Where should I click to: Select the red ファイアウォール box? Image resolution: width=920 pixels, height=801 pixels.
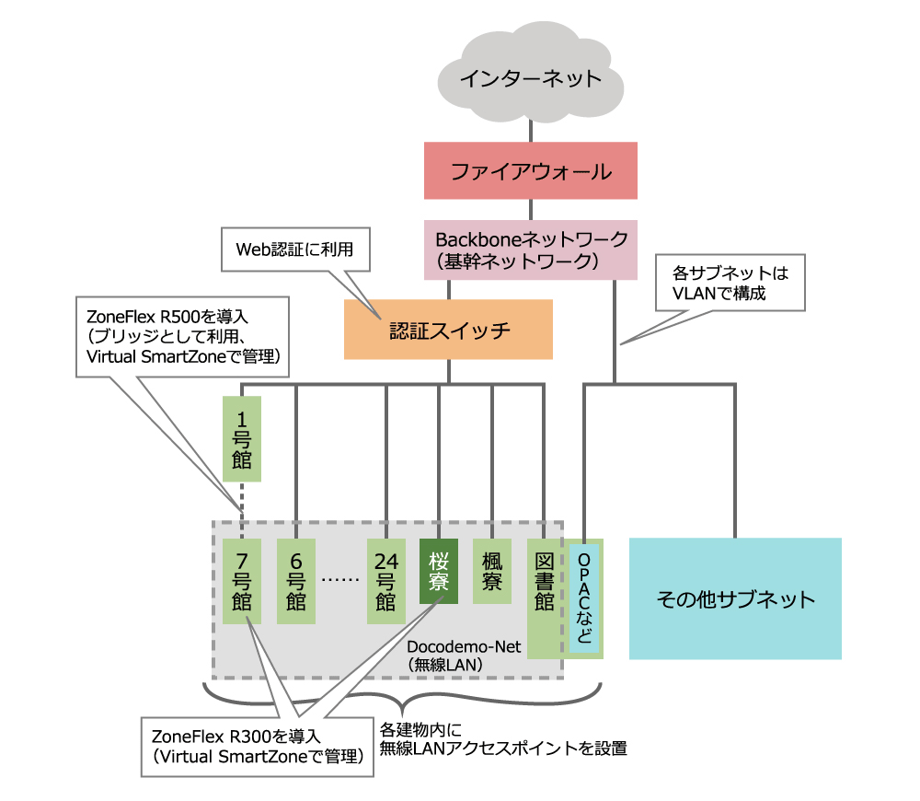pyautogui.click(x=531, y=170)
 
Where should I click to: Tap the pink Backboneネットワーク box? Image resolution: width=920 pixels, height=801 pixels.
pyautogui.click(x=531, y=250)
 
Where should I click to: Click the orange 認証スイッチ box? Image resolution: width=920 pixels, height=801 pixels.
pyautogui.click(x=448, y=330)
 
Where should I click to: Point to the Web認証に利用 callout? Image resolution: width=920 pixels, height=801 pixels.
pyautogui.click(x=295, y=250)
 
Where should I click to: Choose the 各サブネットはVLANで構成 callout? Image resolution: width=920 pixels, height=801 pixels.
pyautogui.click(x=730, y=283)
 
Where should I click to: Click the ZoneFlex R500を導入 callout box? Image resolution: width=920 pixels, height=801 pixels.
pyautogui.click(x=182, y=336)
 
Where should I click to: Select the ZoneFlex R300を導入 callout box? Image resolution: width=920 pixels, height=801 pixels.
pyautogui.click(x=258, y=747)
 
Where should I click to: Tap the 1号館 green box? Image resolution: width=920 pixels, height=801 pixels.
pyautogui.click(x=242, y=438)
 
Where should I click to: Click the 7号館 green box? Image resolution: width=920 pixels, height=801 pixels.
pyautogui.click(x=242, y=581)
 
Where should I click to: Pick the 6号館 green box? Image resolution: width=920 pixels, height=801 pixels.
pyautogui.click(x=295, y=581)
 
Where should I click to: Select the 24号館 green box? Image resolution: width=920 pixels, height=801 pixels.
pyautogui.click(x=386, y=581)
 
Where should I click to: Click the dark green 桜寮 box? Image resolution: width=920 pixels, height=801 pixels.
pyautogui.click(x=439, y=571)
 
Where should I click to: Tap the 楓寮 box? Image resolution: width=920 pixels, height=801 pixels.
pyautogui.click(x=492, y=571)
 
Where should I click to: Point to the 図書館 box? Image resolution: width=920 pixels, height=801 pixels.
pyautogui.click(x=544, y=598)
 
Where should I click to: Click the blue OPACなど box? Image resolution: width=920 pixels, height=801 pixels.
pyautogui.click(x=584, y=598)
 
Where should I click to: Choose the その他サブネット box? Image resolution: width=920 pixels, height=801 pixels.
pyautogui.click(x=735, y=598)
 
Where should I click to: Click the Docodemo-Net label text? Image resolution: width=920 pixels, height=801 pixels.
pyautogui.click(x=464, y=646)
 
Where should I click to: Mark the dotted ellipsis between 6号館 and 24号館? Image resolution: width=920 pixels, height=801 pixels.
pyautogui.click(x=340, y=580)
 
